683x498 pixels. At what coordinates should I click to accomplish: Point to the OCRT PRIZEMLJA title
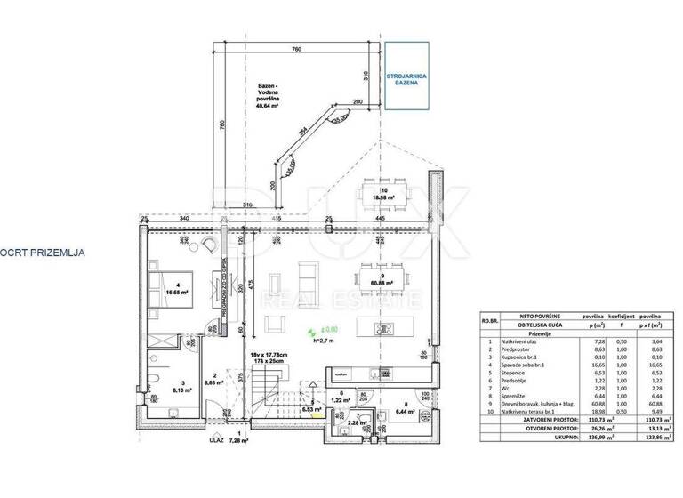coord(43,253)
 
